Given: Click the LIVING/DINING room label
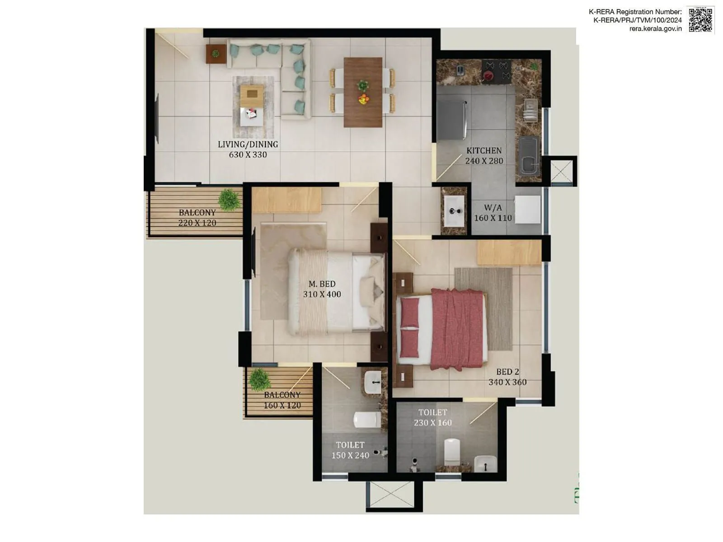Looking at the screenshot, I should pyautogui.click(x=248, y=145).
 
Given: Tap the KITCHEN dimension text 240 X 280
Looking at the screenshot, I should pyautogui.click(x=484, y=161).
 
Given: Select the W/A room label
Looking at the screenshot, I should pyautogui.click(x=493, y=208).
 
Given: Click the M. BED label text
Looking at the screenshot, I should pyautogui.click(x=322, y=284).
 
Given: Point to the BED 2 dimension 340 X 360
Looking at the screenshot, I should pyautogui.click(x=507, y=382).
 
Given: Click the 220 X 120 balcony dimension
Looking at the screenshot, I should pyautogui.click(x=197, y=223).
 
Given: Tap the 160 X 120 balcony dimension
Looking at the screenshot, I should pyautogui.click(x=282, y=405).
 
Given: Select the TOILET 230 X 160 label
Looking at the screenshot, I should pyautogui.click(x=432, y=417).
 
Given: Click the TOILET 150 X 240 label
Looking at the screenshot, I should pyautogui.click(x=350, y=450).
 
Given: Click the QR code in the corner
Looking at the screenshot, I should pyautogui.click(x=700, y=20).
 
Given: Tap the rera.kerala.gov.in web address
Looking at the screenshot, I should pyautogui.click(x=655, y=28).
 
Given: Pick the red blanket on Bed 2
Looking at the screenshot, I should pyautogui.click(x=457, y=329).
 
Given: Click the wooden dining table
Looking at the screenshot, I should pyautogui.click(x=363, y=92).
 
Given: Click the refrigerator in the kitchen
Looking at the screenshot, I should pyautogui.click(x=451, y=120).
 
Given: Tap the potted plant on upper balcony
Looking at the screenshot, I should pyautogui.click(x=229, y=200).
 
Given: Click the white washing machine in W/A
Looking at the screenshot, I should pyautogui.click(x=527, y=209).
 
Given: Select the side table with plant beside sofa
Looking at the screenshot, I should pyautogui.click(x=216, y=54).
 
